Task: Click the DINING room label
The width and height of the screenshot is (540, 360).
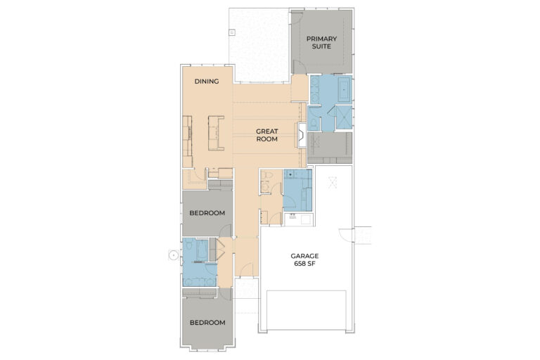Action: (x=207, y=82)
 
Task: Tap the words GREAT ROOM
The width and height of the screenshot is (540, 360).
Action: (x=267, y=135)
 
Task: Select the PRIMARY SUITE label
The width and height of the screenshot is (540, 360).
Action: (x=321, y=42)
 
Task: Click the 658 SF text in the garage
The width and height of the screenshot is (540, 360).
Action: (x=304, y=264)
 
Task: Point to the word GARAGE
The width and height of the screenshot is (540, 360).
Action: (x=304, y=256)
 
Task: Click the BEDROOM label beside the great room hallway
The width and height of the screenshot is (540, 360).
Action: (x=207, y=213)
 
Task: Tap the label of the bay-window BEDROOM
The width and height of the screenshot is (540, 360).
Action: (x=207, y=323)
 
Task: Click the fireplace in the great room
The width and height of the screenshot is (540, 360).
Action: (x=302, y=136)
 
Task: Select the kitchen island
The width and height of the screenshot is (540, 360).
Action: (x=216, y=133)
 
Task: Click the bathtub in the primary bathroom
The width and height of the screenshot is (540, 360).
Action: (x=345, y=89)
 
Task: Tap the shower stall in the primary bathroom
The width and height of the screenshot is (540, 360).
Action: (x=344, y=117)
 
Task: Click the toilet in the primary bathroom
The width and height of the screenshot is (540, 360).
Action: (x=314, y=122)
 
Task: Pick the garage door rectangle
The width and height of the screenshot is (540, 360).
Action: (x=307, y=310)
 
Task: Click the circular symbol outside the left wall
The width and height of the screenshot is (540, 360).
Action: (x=174, y=255)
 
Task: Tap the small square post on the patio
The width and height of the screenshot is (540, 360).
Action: (x=232, y=33)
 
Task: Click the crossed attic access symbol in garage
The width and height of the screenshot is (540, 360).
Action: (x=333, y=182)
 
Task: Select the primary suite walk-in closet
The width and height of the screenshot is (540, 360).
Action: (x=330, y=148)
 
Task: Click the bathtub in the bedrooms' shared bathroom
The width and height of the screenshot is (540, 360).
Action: (x=202, y=250)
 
